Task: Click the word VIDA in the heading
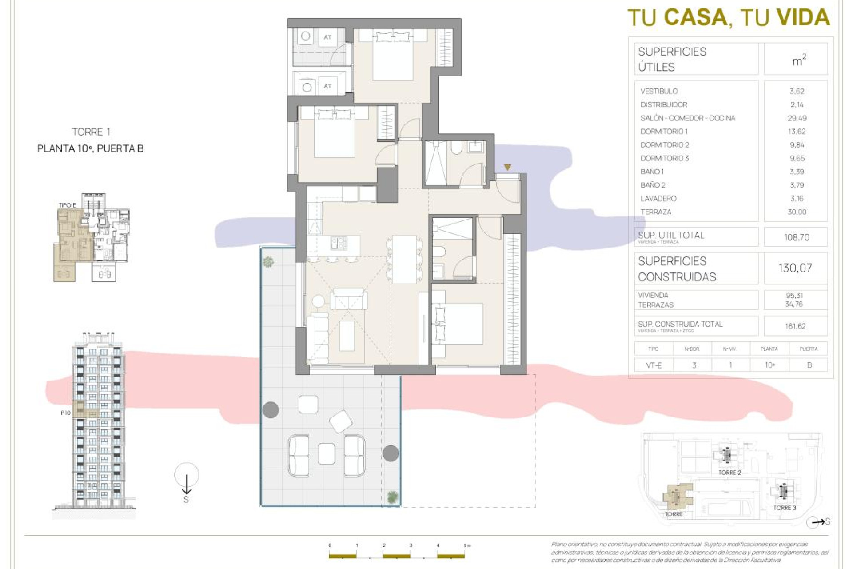pos(803,18)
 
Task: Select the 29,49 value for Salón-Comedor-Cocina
pos(797,118)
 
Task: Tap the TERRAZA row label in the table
pos(656,212)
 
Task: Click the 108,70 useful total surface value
pos(796,237)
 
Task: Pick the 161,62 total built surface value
pos(795,326)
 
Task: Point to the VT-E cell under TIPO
pos(654,365)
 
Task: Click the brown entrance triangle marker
pos(507,168)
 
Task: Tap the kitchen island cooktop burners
pos(339,243)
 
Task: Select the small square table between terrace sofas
pos(327,454)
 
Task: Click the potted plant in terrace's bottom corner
pos(392,497)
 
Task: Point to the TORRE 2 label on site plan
pos(729,473)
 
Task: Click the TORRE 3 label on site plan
pos(784,508)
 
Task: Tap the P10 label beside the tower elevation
pos(65,413)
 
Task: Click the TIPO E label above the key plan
pos(68,205)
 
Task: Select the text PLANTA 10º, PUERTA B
pos(90,149)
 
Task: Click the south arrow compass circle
pos(187,475)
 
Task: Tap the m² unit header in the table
pos(799,60)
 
